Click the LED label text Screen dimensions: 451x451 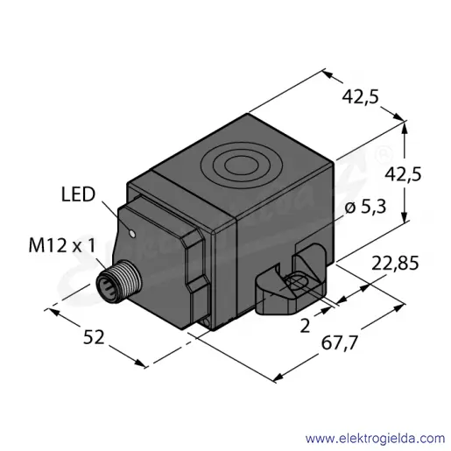pyautogui.click(x=78, y=194)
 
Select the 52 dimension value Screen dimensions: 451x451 pyautogui.click(x=94, y=337)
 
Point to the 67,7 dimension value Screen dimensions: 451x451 pyautogui.click(x=339, y=342)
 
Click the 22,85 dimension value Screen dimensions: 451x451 pyautogui.click(x=395, y=263)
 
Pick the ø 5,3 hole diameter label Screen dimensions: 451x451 pyautogui.click(x=365, y=207)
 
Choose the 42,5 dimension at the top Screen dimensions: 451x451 pyautogui.click(x=360, y=96)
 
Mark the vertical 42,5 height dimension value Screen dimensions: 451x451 pyautogui.click(x=403, y=175)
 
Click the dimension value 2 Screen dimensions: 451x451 pyautogui.click(x=305, y=326)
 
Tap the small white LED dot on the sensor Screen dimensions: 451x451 pyautogui.click(x=132, y=234)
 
